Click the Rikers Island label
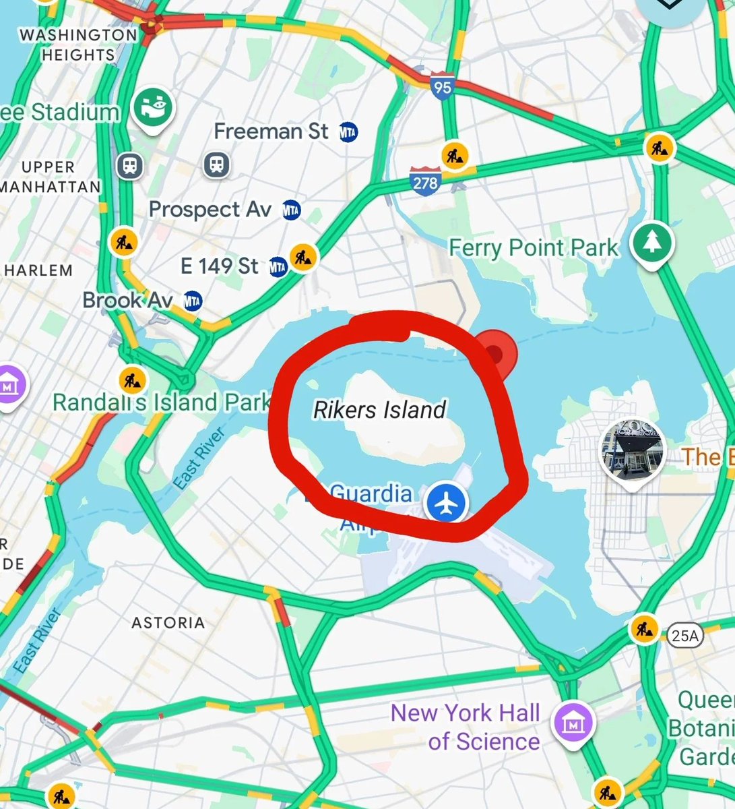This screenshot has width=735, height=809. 380,409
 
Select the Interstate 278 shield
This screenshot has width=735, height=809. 425,181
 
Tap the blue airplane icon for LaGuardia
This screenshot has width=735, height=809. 445,502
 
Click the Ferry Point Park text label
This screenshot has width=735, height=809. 533,247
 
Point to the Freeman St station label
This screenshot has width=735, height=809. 271,131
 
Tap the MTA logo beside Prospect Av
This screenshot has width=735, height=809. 291,210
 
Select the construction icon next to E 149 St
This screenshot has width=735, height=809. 303,256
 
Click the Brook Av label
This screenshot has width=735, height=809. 127,300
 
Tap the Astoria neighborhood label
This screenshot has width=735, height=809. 168,622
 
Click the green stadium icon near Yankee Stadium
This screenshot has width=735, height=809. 153,109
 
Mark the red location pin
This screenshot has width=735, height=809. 496,350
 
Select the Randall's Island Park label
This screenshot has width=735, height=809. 161,403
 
